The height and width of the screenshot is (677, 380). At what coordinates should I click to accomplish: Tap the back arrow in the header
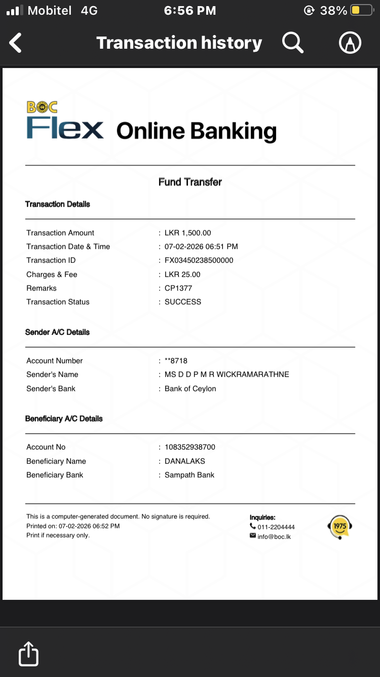(x=16, y=43)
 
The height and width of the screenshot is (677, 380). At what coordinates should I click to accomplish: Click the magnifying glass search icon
(x=292, y=43)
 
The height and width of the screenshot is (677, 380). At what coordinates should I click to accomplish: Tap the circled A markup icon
(x=350, y=43)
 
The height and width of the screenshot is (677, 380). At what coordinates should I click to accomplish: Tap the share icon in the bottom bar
(x=28, y=654)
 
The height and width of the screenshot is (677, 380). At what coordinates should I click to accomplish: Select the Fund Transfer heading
(x=190, y=182)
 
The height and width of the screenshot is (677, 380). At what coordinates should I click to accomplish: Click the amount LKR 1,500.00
(x=188, y=233)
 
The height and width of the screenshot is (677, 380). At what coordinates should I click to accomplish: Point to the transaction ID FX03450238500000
(x=199, y=260)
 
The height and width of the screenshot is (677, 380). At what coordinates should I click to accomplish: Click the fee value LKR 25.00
(x=182, y=275)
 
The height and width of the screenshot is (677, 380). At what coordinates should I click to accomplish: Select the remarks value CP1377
(x=178, y=288)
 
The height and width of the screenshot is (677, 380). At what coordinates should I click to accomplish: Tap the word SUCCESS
(x=183, y=302)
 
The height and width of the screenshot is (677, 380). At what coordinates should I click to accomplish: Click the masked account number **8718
(x=176, y=361)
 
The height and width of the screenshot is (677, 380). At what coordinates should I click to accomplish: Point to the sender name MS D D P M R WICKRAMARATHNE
(x=227, y=375)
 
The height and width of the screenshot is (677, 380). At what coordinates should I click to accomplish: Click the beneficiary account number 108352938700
(x=190, y=447)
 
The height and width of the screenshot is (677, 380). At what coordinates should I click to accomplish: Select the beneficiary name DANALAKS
(x=185, y=461)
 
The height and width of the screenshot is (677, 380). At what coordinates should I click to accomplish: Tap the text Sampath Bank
(x=189, y=475)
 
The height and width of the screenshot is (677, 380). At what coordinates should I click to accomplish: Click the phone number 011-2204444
(x=276, y=527)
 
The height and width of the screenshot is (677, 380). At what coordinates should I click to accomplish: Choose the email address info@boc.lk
(x=274, y=536)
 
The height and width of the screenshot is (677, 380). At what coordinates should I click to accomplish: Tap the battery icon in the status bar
(x=362, y=10)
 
